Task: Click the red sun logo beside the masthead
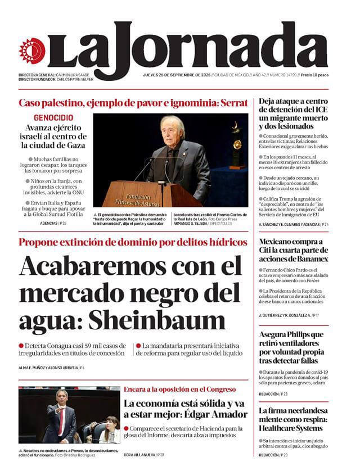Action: [31, 51]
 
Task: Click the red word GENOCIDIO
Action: [53, 118]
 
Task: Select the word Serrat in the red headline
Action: [232, 103]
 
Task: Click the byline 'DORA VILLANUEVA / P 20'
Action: [144, 455]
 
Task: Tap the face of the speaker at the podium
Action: [172, 129]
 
